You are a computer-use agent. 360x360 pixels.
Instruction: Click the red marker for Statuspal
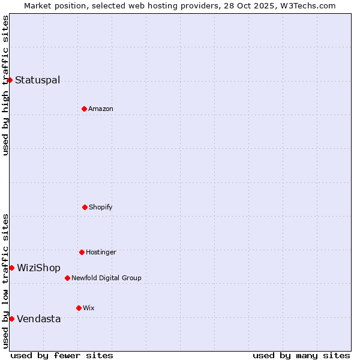pos(10,80)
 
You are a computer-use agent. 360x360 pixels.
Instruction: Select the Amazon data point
pos(84,109)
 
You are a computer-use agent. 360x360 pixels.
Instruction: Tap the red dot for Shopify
pos(85,207)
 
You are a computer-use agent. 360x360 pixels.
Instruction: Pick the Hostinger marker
pos(82,252)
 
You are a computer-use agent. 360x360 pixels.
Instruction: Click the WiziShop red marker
pos(11,268)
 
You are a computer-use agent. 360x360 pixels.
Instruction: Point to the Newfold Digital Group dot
pos(67,278)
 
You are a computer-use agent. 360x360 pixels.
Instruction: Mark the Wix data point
pos(79,308)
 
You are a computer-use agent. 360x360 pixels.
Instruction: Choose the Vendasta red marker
pos(11,319)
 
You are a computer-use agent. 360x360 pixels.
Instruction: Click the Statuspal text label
pos(37,80)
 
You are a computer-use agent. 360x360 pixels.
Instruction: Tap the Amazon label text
pos(101,109)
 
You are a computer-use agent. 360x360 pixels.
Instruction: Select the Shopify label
pos(101,207)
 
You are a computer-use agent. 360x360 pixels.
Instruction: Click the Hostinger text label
pos(101,252)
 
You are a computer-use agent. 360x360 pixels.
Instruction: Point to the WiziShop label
pos(38,268)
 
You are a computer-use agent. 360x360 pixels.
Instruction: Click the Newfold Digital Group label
pos(106,278)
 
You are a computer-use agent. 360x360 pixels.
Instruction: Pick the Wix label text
pos(89,308)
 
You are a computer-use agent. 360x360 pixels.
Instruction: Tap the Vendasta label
pos(38,319)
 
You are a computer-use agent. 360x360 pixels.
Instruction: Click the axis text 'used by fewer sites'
pos(62,355)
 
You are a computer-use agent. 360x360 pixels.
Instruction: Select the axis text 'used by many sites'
pos(301,355)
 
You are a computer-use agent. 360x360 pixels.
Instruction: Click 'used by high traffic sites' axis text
pos(5,85)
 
